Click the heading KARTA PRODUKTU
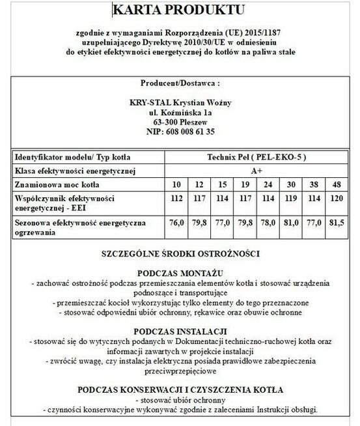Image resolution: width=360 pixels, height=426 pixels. (x=178, y=10)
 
